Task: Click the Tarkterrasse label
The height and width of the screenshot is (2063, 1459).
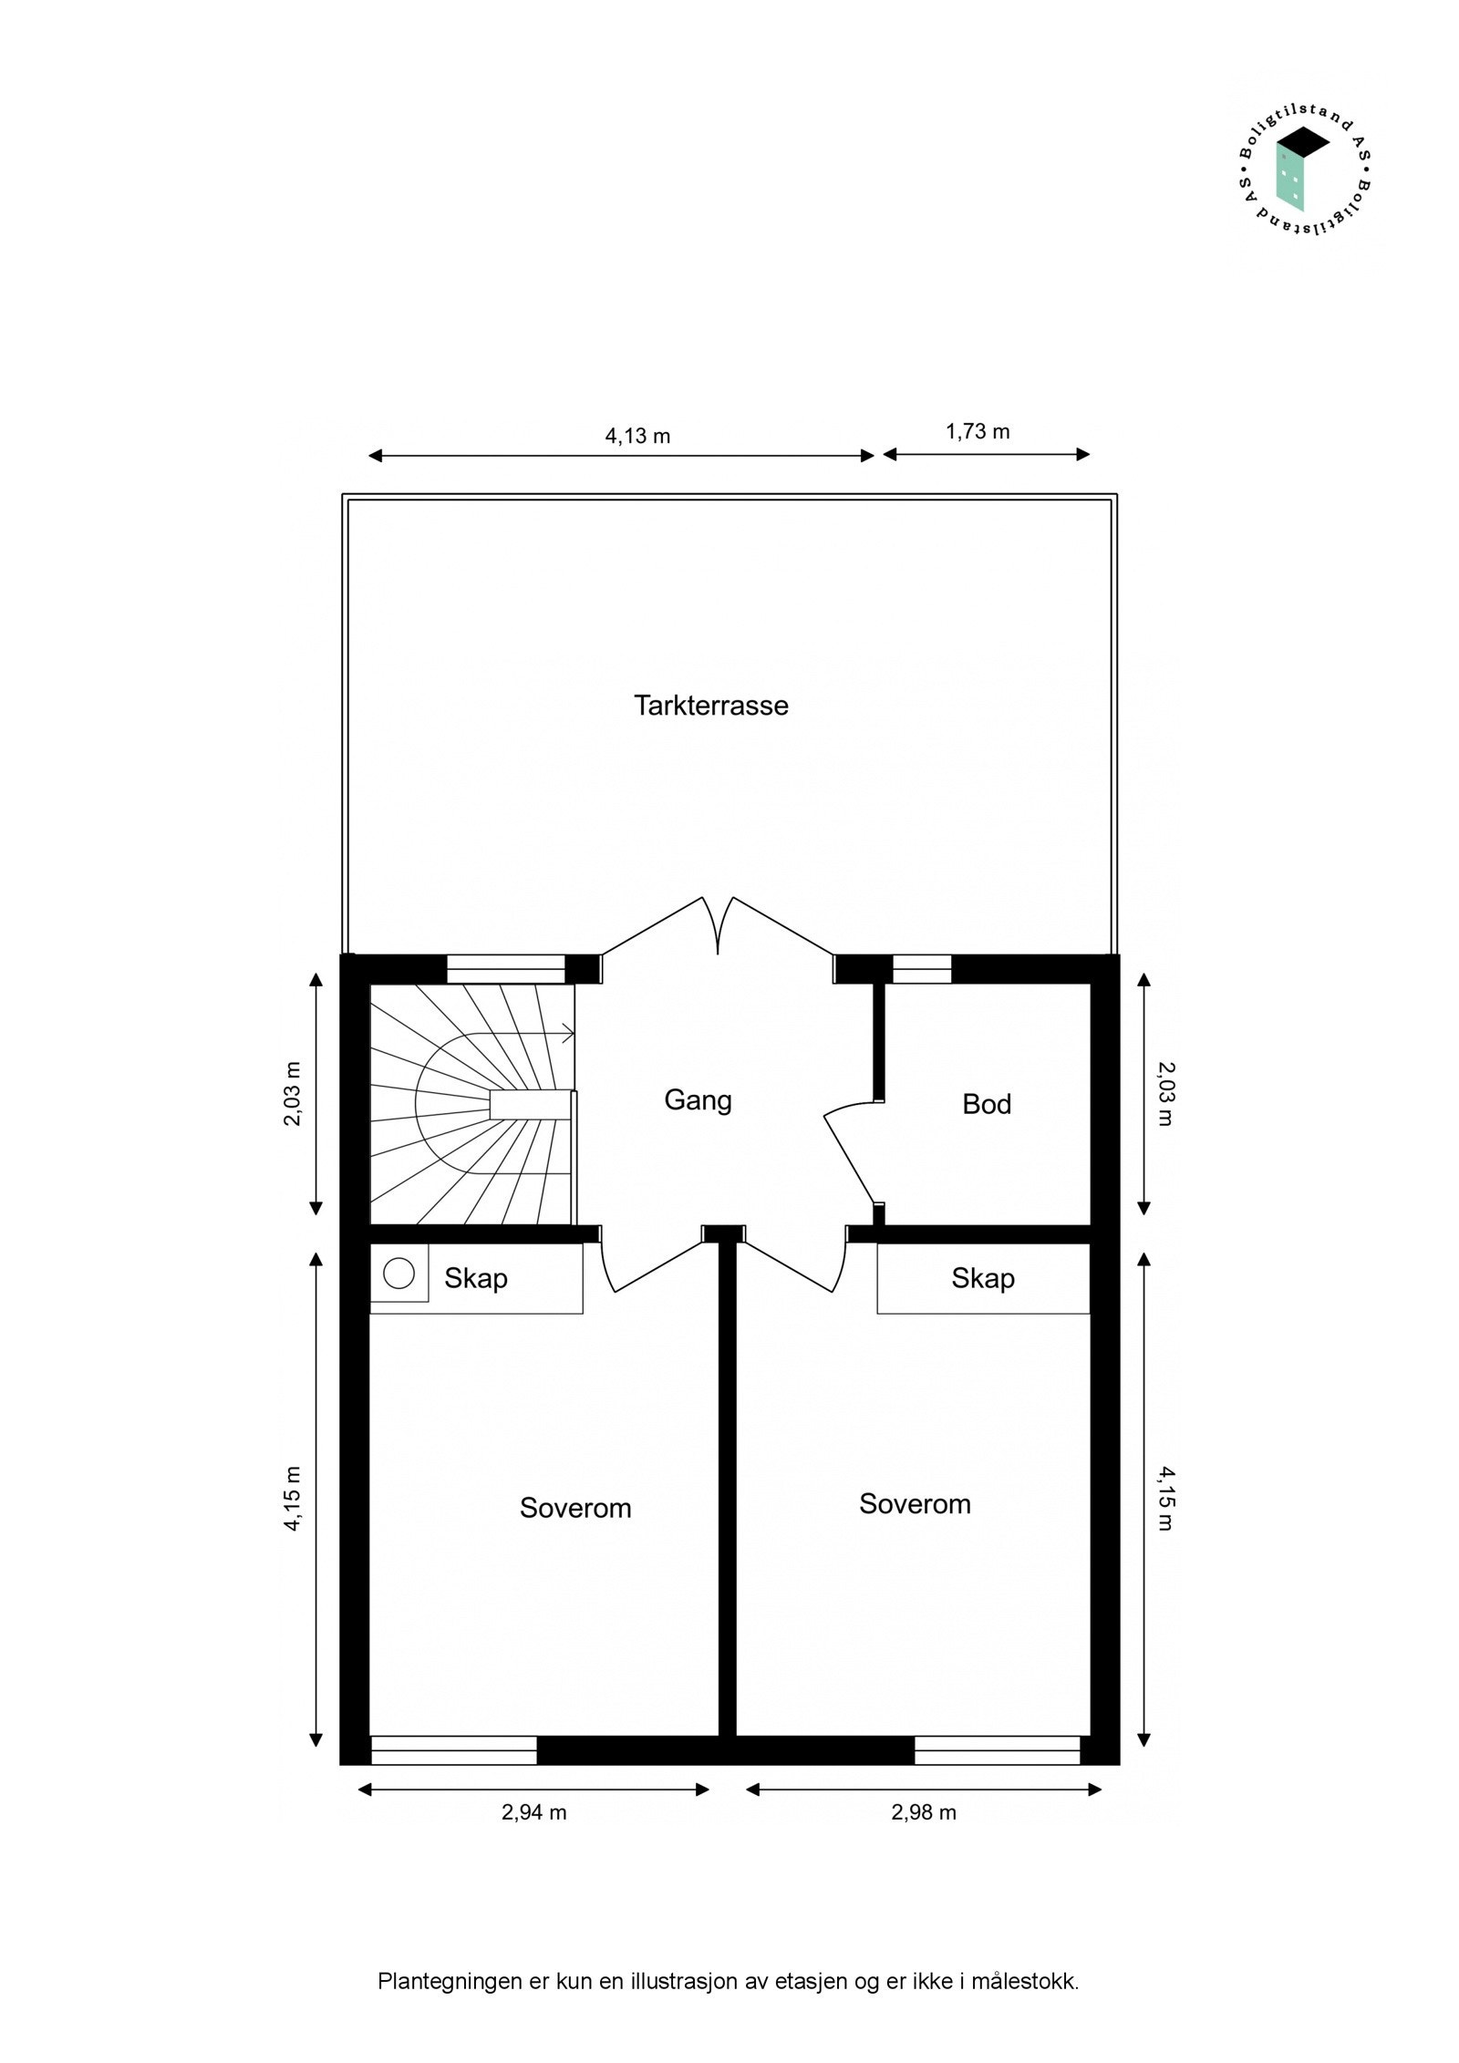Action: [x=710, y=705]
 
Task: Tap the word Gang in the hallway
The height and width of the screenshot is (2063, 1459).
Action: [x=698, y=1099]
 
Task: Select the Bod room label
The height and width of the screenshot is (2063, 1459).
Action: [x=986, y=1104]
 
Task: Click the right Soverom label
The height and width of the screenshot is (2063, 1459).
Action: [x=914, y=1503]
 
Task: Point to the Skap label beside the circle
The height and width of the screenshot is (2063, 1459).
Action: [x=475, y=1278]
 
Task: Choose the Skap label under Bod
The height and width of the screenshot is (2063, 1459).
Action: [x=982, y=1278]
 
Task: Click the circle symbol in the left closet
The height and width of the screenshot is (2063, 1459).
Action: [x=398, y=1273]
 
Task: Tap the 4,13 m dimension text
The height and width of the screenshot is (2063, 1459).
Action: [x=637, y=436]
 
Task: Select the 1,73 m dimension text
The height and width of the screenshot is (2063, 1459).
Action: [x=977, y=431]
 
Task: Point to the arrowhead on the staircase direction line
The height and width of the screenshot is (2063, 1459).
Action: [x=569, y=1034]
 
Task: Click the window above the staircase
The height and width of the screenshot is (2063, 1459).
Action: [x=505, y=968]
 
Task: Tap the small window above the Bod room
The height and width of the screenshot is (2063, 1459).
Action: [x=921, y=968]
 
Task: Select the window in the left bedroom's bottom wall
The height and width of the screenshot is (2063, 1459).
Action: [x=453, y=1750]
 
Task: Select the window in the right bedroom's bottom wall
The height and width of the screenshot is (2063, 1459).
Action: [x=997, y=1750]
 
